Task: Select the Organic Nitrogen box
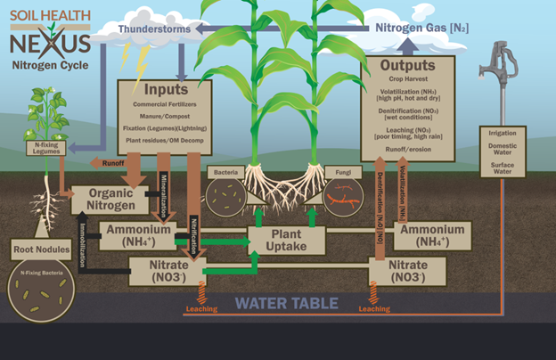point(108,199)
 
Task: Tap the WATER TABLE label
point(286,304)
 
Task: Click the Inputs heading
point(166,90)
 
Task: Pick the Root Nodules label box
point(37,249)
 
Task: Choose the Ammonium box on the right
point(430,234)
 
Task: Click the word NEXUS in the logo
point(50,44)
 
